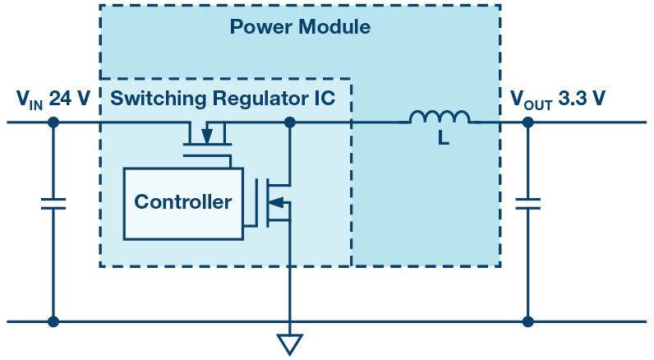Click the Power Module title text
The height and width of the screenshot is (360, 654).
(300, 27)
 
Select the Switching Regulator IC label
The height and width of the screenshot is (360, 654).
(223, 99)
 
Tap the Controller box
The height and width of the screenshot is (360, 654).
(183, 202)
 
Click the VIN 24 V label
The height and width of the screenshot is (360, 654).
(53, 99)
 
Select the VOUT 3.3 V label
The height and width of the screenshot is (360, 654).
(558, 99)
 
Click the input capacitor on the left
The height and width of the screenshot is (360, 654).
(53, 203)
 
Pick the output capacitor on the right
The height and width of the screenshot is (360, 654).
(527, 203)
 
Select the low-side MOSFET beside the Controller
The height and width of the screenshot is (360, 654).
(275, 201)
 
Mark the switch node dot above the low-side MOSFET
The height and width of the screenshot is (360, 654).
(289, 122)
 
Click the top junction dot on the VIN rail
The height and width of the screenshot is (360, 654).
(53, 122)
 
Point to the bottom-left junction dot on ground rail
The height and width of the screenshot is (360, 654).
(53, 321)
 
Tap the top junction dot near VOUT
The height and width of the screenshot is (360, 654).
(527, 122)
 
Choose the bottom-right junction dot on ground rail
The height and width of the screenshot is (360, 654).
(527, 321)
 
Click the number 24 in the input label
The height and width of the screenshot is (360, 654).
(60, 99)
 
